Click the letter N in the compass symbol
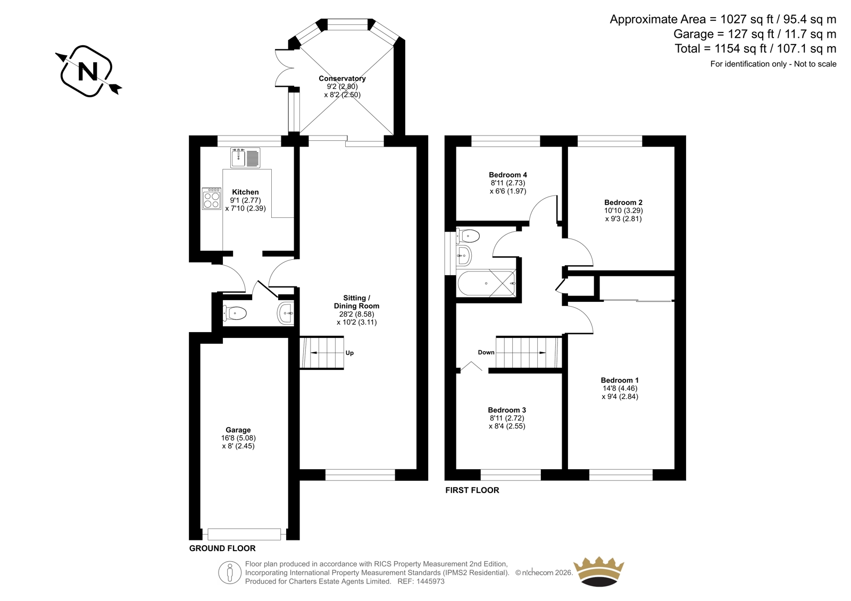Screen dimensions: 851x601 click(x=88, y=71)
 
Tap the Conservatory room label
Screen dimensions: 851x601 click(x=342, y=79)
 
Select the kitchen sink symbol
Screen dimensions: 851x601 click(x=245, y=158)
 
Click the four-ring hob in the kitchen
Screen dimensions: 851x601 click(x=211, y=199)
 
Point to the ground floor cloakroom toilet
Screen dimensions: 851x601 click(x=235, y=314)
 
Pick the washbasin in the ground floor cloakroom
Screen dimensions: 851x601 click(x=286, y=313)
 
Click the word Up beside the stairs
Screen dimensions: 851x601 click(x=349, y=353)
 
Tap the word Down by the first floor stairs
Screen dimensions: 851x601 click(x=486, y=352)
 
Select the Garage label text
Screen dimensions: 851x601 click(x=238, y=430)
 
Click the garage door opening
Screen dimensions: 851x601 click(x=244, y=534)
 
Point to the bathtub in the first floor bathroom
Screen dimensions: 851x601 click(x=487, y=283)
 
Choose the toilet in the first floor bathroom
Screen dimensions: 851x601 click(x=468, y=236)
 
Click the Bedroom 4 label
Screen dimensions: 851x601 click(x=507, y=175)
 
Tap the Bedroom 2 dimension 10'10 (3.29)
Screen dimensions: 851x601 click(x=623, y=210)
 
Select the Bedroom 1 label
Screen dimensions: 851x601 click(x=620, y=380)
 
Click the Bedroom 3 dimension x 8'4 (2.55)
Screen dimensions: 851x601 click(x=507, y=426)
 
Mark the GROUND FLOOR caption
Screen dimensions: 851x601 click(x=222, y=548)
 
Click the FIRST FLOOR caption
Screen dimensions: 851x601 click(x=472, y=490)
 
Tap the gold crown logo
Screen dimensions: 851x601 click(x=599, y=571)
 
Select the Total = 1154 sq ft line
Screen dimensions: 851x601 click(x=755, y=48)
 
